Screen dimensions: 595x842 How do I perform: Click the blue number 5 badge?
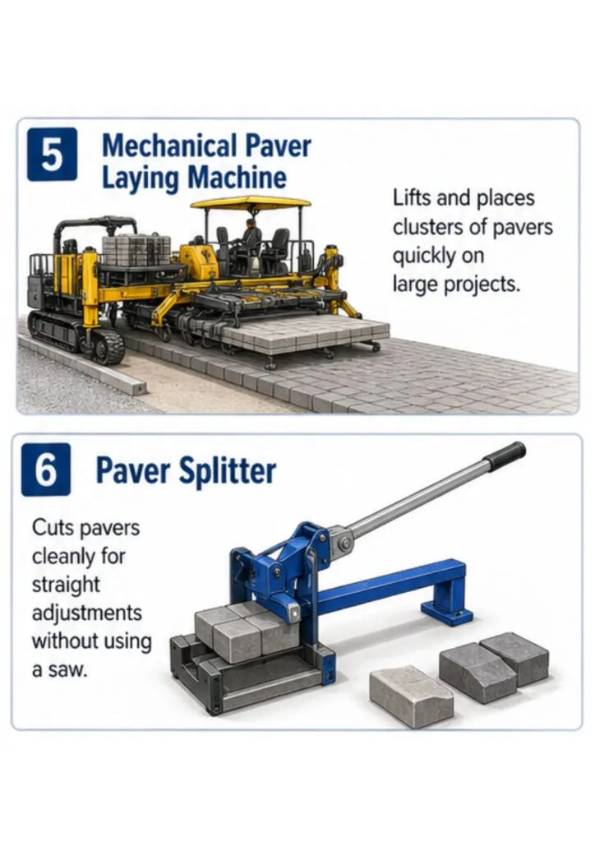52,155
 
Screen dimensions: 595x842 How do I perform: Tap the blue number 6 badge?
45,470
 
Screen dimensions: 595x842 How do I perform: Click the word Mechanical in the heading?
169,146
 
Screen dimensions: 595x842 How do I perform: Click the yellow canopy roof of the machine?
251,204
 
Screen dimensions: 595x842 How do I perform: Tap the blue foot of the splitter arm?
447,615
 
